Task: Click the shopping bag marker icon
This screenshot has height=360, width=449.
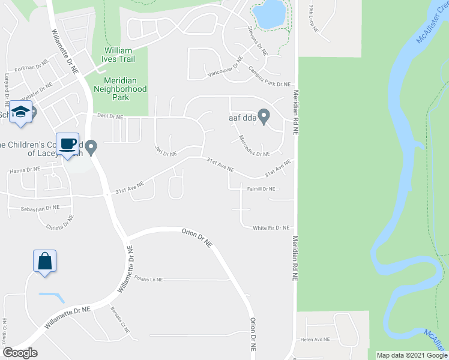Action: point(44,262)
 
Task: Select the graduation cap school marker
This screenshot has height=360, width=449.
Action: point(21,113)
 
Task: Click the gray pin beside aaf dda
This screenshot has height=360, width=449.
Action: point(262,114)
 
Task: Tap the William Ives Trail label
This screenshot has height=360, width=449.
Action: point(119,55)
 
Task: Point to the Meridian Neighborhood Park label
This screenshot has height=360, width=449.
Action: point(120,89)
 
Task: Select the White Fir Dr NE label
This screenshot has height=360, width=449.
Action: point(271,228)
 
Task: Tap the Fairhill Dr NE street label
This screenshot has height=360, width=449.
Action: point(261,189)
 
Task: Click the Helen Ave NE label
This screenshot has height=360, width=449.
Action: point(316,339)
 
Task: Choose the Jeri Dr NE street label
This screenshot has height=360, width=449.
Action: point(165,151)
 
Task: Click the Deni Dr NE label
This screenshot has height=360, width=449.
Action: point(110,116)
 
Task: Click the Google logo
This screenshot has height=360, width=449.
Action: point(19,352)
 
